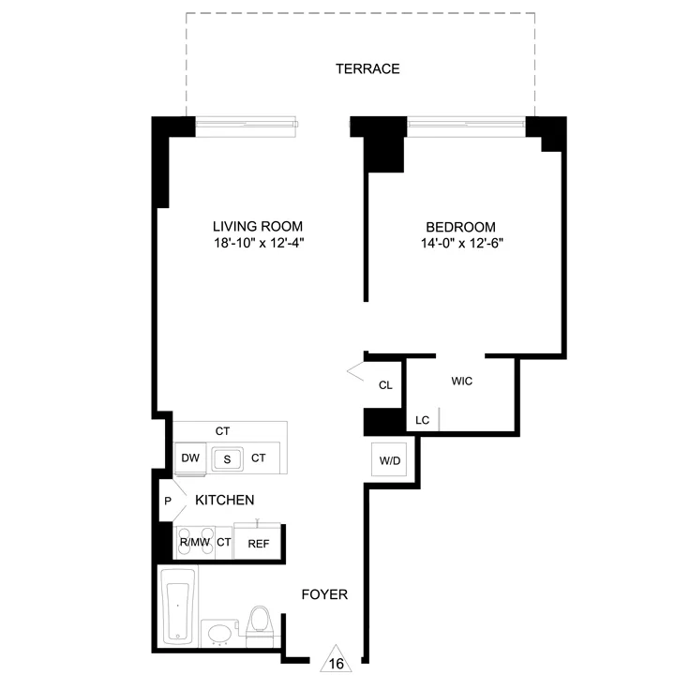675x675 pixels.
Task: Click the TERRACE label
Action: click(x=368, y=68)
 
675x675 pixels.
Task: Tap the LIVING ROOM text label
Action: click(x=257, y=227)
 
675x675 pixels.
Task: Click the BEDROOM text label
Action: click(x=460, y=227)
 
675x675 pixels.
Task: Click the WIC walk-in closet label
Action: click(x=461, y=382)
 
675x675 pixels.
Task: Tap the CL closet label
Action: click(x=385, y=385)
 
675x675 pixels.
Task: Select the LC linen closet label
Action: click(x=422, y=420)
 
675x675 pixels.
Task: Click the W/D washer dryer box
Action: click(x=389, y=459)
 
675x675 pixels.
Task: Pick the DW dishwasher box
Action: click(x=191, y=458)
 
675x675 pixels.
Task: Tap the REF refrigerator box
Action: click(x=258, y=542)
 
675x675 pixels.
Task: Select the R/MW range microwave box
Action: click(x=194, y=542)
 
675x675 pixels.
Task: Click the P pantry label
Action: click(x=168, y=501)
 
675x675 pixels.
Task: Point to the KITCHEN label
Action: click(x=224, y=501)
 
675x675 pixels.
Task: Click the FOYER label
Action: click(x=324, y=594)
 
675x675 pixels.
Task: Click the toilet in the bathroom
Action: click(x=260, y=624)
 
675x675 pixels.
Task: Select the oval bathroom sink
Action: click(x=218, y=634)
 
